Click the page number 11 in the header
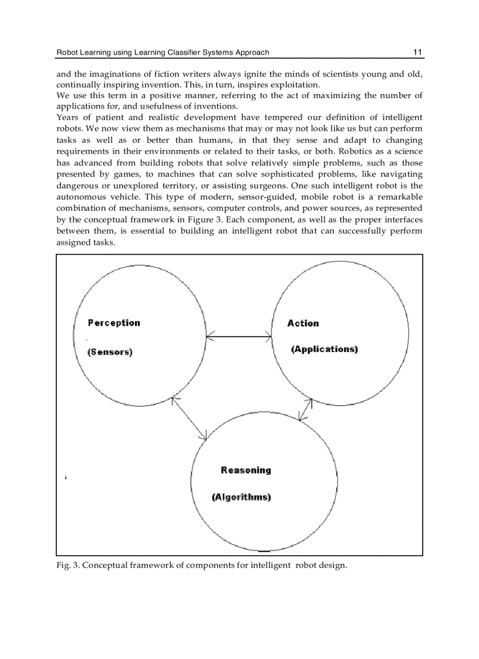[x=417, y=52]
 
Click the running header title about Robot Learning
[x=163, y=52]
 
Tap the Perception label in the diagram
[x=114, y=323]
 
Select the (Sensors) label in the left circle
[x=110, y=352]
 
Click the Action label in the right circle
[x=303, y=323]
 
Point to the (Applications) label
[x=325, y=349]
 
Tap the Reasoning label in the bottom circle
[x=246, y=470]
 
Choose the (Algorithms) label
[x=241, y=497]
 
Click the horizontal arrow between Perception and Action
[x=239, y=336]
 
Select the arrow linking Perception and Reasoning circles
[x=189, y=418]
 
